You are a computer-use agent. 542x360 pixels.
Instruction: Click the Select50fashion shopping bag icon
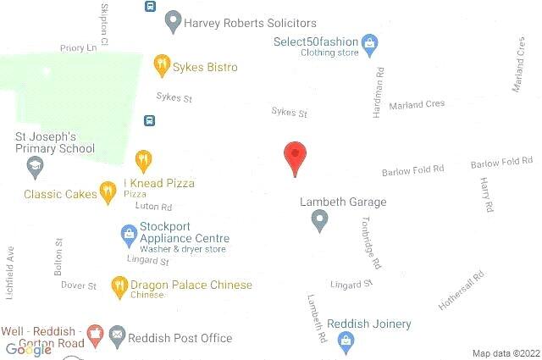pos(369,42)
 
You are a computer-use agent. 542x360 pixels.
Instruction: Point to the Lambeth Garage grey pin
pos(319,220)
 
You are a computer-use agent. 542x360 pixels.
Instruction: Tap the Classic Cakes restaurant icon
pos(108,192)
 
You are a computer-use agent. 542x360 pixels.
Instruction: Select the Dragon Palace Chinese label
pos(191,285)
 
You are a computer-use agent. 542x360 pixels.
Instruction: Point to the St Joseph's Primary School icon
pos(35,166)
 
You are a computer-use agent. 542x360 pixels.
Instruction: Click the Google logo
pos(29,349)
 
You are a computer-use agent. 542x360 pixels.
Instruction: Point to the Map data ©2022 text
pos(505,353)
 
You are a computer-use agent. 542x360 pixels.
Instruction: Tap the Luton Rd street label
pos(153,207)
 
